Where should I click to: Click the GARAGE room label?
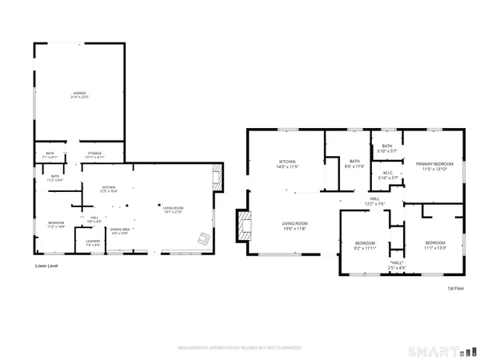80,95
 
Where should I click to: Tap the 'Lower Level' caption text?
46,265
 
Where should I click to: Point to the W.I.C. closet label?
386,175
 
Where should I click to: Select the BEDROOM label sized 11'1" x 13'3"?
435,245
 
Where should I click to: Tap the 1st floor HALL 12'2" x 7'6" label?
374,201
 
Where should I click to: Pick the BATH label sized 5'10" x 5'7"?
387,148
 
